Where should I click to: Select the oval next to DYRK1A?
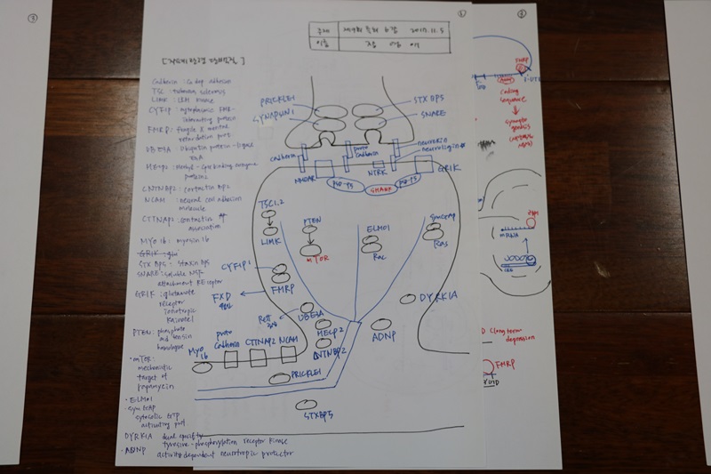click(406, 299)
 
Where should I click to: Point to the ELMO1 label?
click(380, 230)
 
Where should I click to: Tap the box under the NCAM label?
click(287, 357)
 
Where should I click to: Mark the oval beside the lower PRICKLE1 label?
click(280, 379)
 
